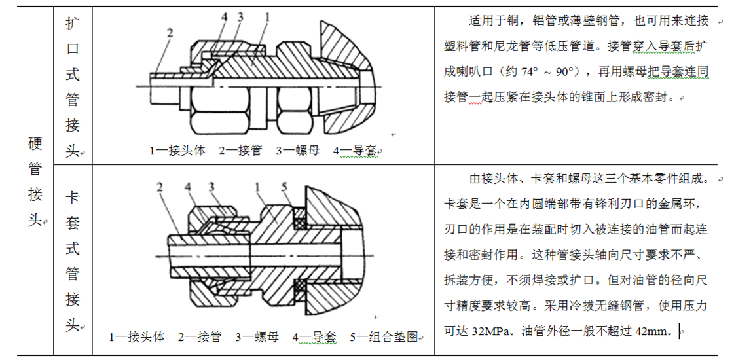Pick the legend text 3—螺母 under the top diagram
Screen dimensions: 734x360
[297, 151]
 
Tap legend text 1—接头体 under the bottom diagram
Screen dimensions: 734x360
[137, 337]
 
